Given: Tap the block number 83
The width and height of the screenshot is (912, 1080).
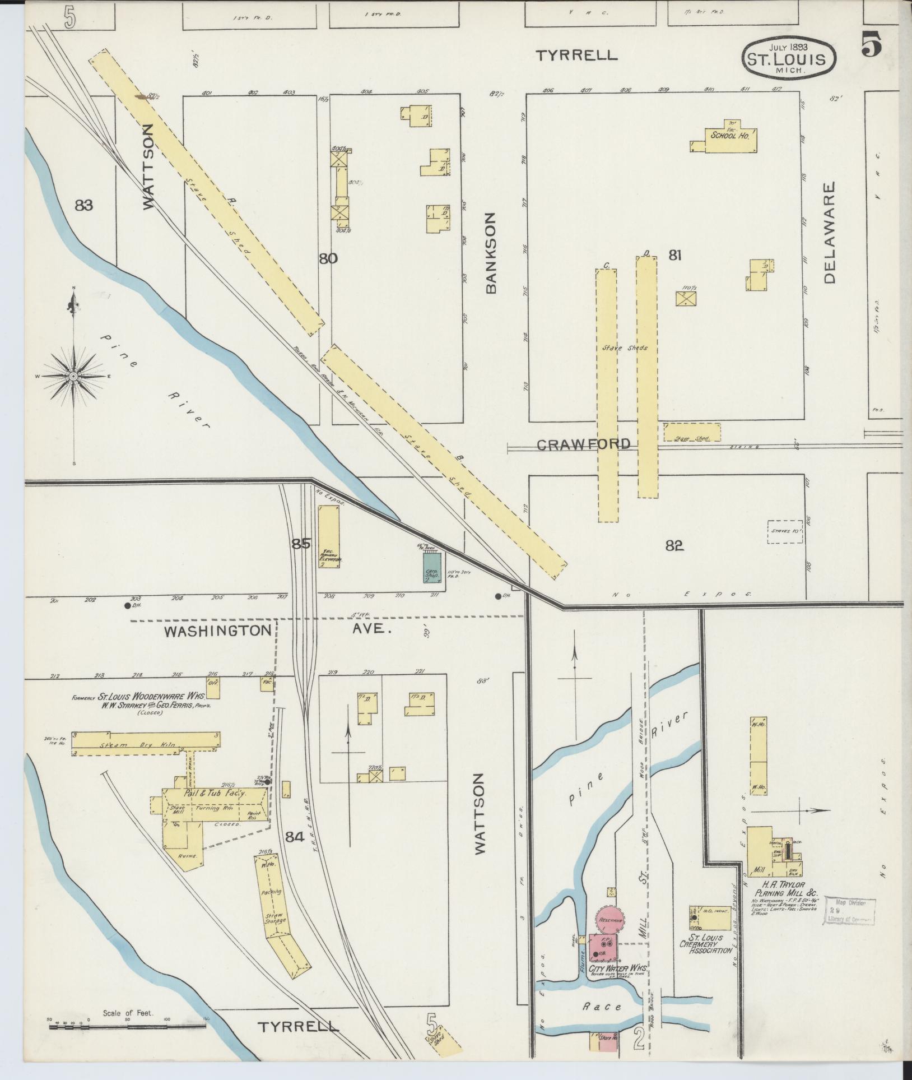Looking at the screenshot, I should (x=83, y=206).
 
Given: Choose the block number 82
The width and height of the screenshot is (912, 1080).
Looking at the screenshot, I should (x=674, y=545).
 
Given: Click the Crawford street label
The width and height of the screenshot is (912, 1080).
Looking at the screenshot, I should (x=583, y=444).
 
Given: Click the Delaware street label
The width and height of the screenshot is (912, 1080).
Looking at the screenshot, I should (x=830, y=231).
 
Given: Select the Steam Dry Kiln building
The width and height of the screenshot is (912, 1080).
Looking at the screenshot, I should (x=146, y=745).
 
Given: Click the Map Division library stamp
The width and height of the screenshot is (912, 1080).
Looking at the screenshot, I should (x=849, y=910).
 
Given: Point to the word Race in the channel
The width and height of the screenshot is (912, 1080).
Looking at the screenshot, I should (x=602, y=1007).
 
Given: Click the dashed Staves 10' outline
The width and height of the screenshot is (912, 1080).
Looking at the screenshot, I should (x=784, y=531).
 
